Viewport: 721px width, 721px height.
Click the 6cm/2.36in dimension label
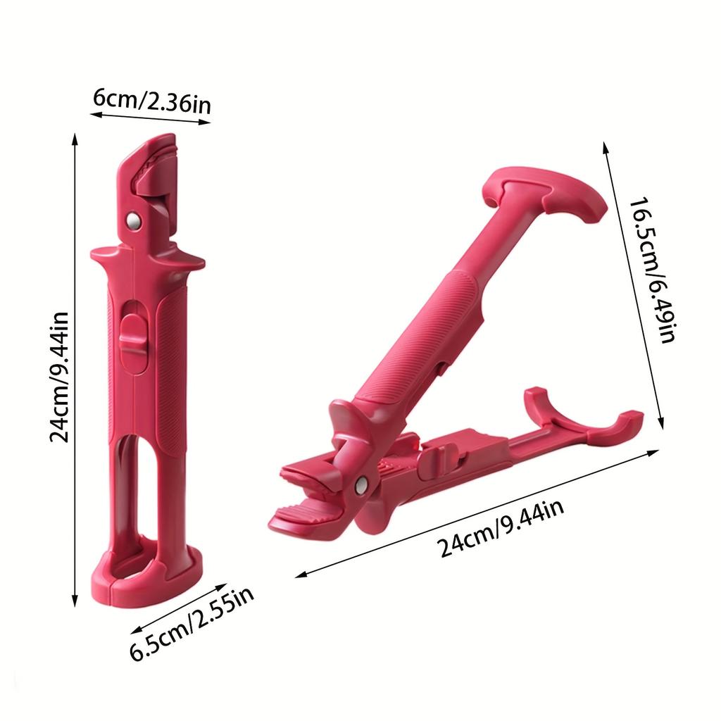click(152, 101)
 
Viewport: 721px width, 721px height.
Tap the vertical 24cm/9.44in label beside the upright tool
click(59, 377)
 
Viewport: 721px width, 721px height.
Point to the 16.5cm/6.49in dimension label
click(653, 270)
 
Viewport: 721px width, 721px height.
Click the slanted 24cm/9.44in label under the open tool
click(501, 528)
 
